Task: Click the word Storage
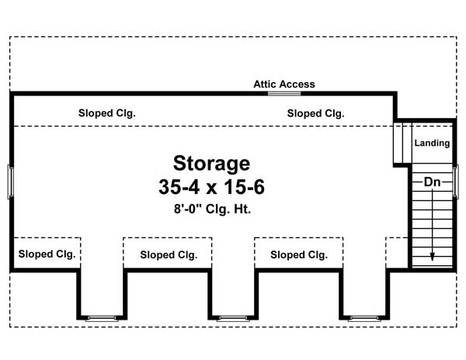[211, 164]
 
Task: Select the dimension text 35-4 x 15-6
[211, 188]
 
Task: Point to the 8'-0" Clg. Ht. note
[211, 209]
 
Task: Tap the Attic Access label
[284, 84]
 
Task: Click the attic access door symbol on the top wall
[284, 93]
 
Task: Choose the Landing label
[432, 144]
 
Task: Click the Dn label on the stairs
[433, 182]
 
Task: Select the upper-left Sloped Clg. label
[107, 113]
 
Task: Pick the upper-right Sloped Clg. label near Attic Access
[316, 113]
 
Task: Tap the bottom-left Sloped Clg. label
[47, 254]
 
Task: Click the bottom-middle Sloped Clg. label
[169, 254]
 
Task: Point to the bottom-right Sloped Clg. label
[299, 254]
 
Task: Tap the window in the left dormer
[101, 317]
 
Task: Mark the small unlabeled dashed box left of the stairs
[397, 253]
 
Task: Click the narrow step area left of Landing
[402, 141]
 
